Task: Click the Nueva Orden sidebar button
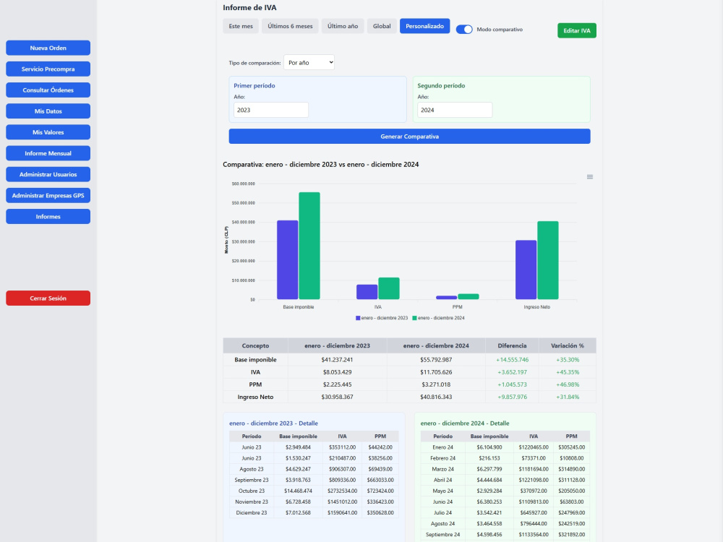pos(48,48)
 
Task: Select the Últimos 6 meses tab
pos(290,26)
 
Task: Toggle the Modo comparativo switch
pos(464,30)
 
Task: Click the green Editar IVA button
pos(576,30)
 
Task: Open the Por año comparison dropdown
pos(309,63)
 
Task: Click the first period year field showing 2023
pos(271,110)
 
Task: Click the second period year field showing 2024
pos(455,110)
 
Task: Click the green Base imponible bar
pos(309,246)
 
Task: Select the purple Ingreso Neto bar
pos(526,270)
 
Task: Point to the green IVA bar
pos(389,288)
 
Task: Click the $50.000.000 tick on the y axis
pos(243,203)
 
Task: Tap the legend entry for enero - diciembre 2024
pos(439,318)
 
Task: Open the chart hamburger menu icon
pos(590,177)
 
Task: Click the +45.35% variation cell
pos(567,372)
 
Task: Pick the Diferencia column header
pos(512,345)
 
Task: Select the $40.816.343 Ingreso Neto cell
pos(436,397)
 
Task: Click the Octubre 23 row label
pos(252,491)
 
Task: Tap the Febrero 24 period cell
pos(442,458)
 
